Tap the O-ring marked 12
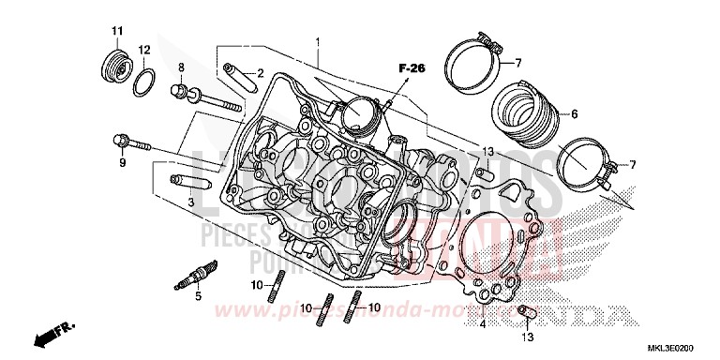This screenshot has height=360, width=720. click(x=142, y=82)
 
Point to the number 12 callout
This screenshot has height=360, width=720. click(x=143, y=49)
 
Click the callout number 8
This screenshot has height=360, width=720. click(x=181, y=67)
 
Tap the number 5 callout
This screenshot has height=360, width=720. click(x=198, y=297)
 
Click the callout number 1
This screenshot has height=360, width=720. click(x=318, y=42)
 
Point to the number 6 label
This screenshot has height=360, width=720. click(x=575, y=113)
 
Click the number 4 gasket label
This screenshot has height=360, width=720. click(x=482, y=325)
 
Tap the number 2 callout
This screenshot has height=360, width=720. click(x=262, y=72)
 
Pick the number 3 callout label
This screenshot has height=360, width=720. click(x=190, y=202)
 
